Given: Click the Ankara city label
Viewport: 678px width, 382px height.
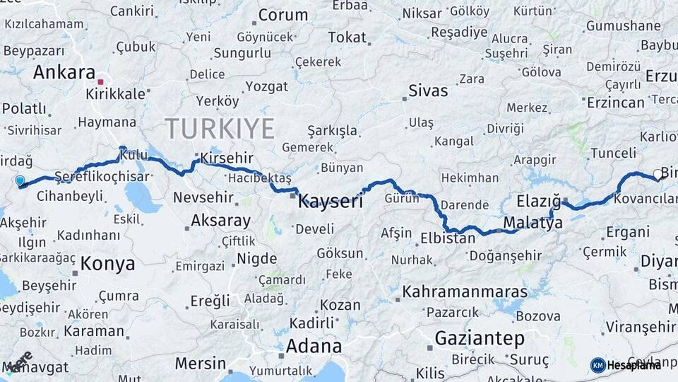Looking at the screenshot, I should click(x=64, y=72).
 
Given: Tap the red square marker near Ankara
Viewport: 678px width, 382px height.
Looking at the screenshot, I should click(x=101, y=82).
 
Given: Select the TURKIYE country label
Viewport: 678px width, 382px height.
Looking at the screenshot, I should click(x=220, y=128).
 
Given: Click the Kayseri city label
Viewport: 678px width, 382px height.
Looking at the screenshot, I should click(x=331, y=201).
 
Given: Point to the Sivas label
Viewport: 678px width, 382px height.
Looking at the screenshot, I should click(x=428, y=91).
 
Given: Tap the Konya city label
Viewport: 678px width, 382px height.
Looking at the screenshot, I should click(x=107, y=264).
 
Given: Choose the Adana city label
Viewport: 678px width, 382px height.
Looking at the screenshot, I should click(x=314, y=347).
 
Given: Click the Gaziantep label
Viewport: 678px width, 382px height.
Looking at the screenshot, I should click(x=480, y=337).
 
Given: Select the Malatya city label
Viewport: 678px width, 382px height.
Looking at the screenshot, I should click(x=533, y=223).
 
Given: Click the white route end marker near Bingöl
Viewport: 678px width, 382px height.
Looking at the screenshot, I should click(x=658, y=174).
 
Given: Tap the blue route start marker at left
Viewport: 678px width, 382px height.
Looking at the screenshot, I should click(x=20, y=182).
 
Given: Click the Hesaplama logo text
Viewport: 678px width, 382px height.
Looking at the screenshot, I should click(x=634, y=365).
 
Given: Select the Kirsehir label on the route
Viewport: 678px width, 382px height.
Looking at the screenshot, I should click(x=226, y=158).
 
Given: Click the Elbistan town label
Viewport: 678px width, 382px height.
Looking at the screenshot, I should click(x=448, y=238).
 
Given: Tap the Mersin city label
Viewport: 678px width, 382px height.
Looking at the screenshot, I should click(x=200, y=364).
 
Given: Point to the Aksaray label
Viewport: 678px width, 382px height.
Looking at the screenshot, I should click(x=220, y=220).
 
